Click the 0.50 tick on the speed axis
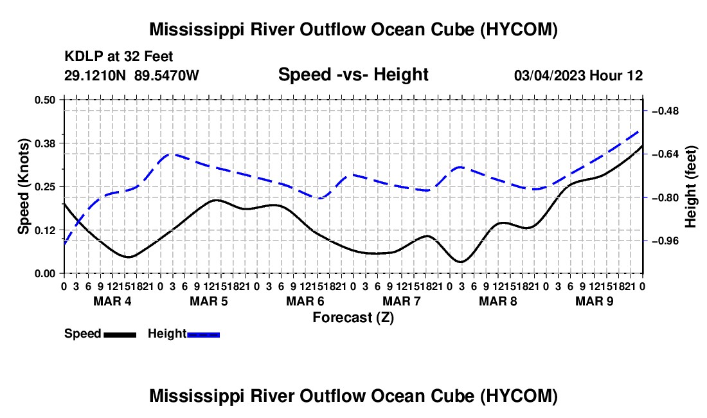click(44, 100)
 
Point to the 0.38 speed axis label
click(44, 143)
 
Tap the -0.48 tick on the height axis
click(665, 111)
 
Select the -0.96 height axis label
click(665, 241)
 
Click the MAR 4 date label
click(112, 301)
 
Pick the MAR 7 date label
click(402, 301)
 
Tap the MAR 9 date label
click(595, 301)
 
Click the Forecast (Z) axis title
click(353, 318)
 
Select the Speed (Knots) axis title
click(23, 186)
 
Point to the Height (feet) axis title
click(690, 186)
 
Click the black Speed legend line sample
click(120, 335)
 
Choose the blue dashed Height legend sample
click(203, 335)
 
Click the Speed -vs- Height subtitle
click(353, 75)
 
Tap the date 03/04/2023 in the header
click(550, 75)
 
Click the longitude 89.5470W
click(166, 75)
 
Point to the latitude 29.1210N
click(95, 75)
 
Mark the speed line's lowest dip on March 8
click(461, 262)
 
